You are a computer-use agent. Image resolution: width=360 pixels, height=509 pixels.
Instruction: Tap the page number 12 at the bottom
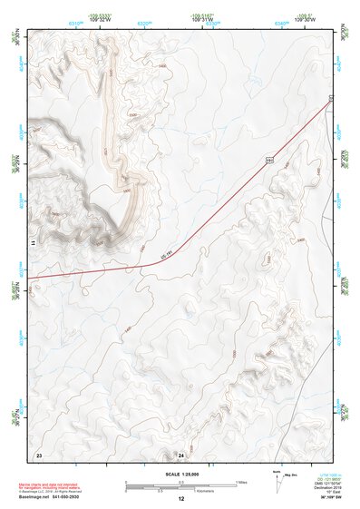click(180, 499)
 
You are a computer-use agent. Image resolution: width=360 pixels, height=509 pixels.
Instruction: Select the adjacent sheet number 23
click(38, 453)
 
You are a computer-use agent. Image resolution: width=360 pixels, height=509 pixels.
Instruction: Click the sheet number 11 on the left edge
click(32, 244)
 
